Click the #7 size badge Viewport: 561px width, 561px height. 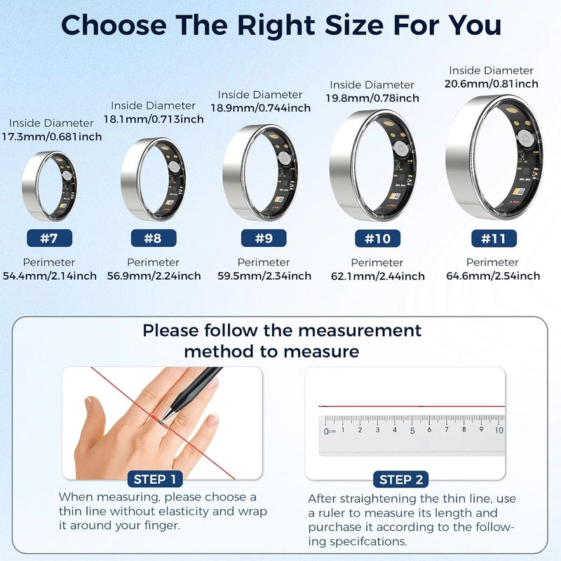(x=49, y=238)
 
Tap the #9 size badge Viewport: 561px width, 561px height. (x=264, y=238)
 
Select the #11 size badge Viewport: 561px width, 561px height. (x=494, y=238)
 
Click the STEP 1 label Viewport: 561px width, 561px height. (x=155, y=479)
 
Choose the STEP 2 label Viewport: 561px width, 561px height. (x=400, y=480)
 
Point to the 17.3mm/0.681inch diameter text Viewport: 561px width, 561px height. (x=52, y=137)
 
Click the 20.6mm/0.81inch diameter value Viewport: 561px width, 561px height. (x=492, y=83)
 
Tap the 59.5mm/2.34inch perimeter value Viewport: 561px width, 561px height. (x=264, y=276)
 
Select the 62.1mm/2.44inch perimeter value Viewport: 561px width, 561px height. (x=378, y=276)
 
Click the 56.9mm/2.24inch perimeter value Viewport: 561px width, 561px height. (x=154, y=276)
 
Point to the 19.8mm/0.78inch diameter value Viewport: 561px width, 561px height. (x=372, y=98)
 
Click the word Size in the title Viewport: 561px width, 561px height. (x=353, y=25)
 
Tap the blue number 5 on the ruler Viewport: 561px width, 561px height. (x=412, y=431)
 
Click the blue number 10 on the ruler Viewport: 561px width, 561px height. (x=499, y=430)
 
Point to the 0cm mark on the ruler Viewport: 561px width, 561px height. (x=330, y=431)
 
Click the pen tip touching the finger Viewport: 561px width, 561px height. (x=163, y=420)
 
